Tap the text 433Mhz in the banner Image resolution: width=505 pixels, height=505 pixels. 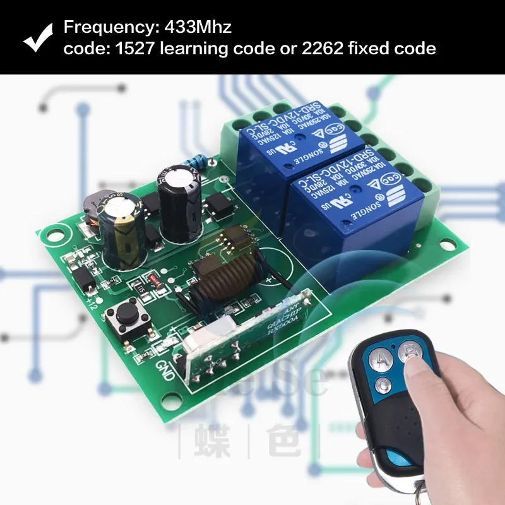[198, 28]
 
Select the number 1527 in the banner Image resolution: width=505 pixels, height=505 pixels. [129, 49]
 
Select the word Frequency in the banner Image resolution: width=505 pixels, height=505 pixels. [102, 28]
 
